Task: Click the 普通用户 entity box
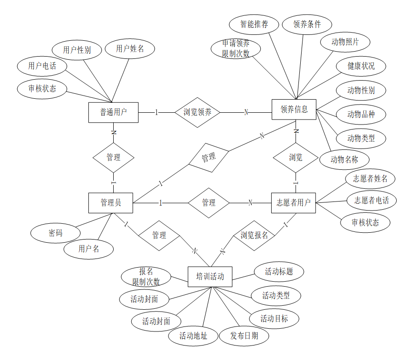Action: click(113, 112)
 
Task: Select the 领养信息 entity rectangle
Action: click(294, 109)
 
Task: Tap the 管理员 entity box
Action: click(110, 203)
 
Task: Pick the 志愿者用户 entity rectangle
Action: click(293, 203)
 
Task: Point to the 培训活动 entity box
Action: click(210, 277)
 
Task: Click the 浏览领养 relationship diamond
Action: click(197, 112)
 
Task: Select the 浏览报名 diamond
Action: click(254, 235)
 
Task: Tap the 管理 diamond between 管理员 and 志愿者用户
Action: click(208, 203)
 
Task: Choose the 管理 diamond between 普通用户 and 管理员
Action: click(113, 158)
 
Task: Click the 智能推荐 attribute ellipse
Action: click(254, 24)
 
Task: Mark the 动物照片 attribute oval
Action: click(345, 42)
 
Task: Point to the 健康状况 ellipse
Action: click(361, 66)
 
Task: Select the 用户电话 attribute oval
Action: click(42, 66)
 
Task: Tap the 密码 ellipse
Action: click(55, 233)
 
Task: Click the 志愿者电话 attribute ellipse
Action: click(371, 200)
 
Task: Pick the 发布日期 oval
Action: click(244, 336)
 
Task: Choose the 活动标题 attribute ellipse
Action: click(279, 272)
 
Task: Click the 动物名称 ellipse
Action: click(344, 159)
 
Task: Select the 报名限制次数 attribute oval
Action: click(146, 277)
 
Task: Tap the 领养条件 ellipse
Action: click(307, 24)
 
